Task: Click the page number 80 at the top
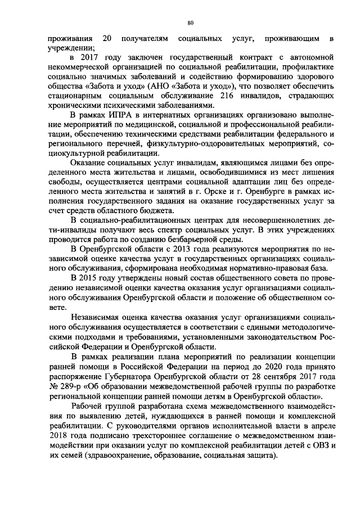190,22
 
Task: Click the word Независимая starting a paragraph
98,317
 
